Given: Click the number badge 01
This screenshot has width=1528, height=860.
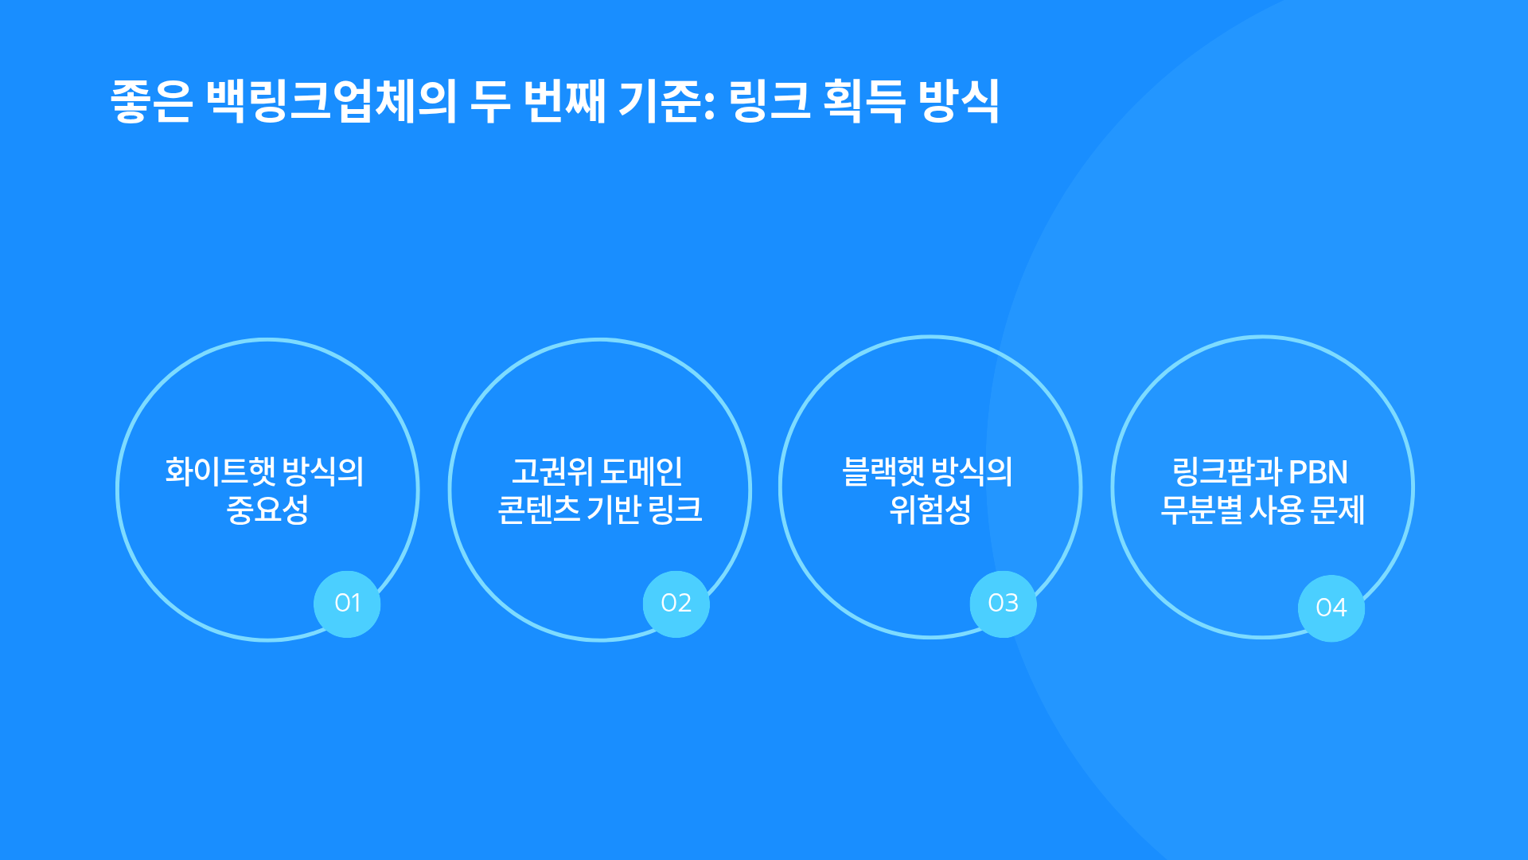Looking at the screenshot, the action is point(347,604).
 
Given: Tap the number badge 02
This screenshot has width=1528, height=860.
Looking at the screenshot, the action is point(676,604).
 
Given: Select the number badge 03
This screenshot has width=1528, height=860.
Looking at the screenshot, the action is point(1003,604).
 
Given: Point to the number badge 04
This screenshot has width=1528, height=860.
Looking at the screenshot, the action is point(1331,608).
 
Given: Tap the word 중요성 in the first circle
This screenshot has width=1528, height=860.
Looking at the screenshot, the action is point(267,510).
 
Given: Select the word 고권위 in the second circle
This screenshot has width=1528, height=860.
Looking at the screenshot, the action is point(552,471).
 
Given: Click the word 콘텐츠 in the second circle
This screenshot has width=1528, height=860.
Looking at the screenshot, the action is point(539,510).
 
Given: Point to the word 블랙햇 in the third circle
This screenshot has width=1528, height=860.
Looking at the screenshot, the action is point(883,471).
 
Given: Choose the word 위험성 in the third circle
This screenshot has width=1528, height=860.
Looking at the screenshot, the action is point(930,510).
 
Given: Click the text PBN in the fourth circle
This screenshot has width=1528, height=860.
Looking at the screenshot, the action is point(1318,472).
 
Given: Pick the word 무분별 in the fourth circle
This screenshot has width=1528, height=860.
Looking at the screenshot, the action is point(1201,510).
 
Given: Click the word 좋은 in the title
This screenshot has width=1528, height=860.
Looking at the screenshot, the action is point(151,101).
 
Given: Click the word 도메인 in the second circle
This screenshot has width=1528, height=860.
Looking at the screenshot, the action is point(641,471).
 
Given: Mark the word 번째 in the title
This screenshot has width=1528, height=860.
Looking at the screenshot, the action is point(564,101).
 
